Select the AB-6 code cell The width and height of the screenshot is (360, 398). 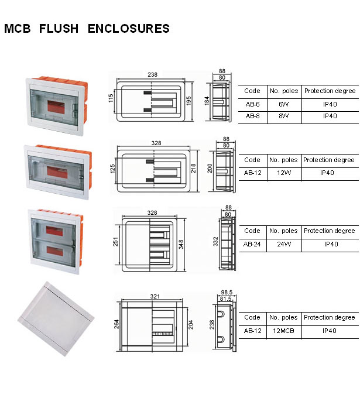(252, 104)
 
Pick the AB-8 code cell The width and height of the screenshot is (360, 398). (252, 116)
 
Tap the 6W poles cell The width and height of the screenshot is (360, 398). (284, 104)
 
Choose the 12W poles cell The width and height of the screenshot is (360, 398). (284, 173)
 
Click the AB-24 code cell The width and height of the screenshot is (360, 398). (252, 244)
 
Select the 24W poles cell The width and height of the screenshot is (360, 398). (284, 244)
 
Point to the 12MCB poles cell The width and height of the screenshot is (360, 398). (284, 331)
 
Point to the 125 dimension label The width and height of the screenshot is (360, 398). (112, 169)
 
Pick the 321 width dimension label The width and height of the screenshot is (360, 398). (155, 297)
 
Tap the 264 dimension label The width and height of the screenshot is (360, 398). (116, 324)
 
